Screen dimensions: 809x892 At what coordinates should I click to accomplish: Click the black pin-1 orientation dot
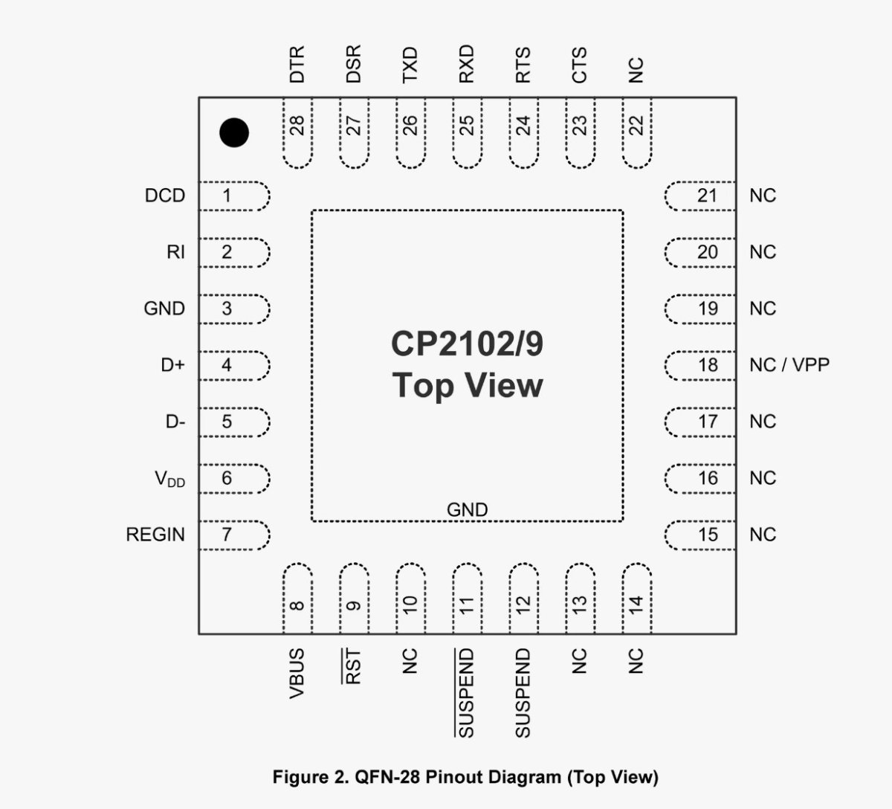234,133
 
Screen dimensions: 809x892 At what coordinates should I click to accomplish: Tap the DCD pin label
165,196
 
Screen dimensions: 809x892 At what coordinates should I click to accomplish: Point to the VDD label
169,479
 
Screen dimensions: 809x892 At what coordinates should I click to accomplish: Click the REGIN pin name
155,535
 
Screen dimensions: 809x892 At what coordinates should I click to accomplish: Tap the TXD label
410,65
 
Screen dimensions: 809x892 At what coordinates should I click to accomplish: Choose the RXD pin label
466,65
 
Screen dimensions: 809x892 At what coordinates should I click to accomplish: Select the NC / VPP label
789,365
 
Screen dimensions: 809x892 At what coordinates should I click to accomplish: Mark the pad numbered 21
700,196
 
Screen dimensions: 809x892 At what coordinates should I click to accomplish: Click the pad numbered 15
700,535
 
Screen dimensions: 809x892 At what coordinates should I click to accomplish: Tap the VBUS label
297,673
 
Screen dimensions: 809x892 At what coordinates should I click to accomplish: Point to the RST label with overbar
353,666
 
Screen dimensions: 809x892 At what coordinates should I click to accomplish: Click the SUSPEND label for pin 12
523,692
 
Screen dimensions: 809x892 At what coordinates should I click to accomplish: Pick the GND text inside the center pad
467,510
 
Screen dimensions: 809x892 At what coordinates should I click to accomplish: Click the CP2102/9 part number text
467,344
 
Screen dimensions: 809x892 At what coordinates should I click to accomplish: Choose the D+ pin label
172,365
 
